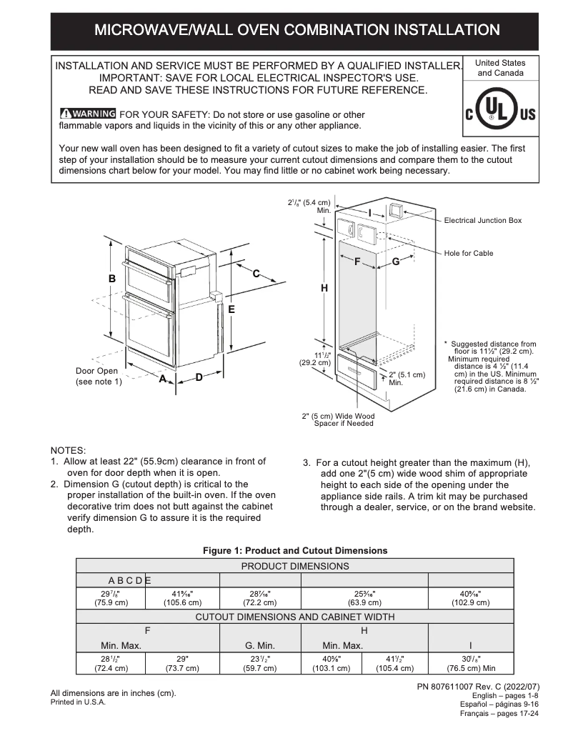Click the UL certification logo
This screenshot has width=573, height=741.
tap(500, 114)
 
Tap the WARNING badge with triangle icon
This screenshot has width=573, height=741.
tap(88, 114)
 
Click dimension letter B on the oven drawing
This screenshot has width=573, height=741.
tap(111, 279)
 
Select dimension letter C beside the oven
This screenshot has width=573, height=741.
tap(256, 273)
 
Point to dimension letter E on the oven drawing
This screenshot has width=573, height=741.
tap(231, 309)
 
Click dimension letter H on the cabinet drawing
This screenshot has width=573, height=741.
tap(324, 288)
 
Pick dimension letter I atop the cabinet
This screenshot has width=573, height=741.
tap(370, 212)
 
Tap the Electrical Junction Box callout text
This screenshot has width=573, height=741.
tap(483, 221)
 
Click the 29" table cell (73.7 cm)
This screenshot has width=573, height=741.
tap(181, 662)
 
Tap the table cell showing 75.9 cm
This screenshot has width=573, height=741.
tap(111, 597)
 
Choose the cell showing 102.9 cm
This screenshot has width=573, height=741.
tap(470, 597)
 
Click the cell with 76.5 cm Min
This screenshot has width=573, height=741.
tap(470, 662)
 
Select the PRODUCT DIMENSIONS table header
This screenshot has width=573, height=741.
tap(295, 566)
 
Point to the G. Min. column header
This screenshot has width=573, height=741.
tap(260, 645)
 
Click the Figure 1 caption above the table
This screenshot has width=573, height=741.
tap(295, 550)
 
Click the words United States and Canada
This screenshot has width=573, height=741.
tap(500, 68)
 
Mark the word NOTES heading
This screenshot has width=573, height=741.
tap(68, 450)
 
